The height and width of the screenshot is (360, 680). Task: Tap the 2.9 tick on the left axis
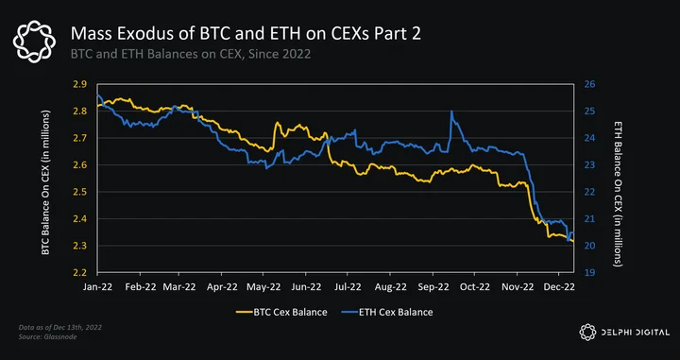click(78, 84)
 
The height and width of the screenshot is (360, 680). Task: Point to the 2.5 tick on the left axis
click(78, 192)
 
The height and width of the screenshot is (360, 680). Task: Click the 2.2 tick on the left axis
click(78, 273)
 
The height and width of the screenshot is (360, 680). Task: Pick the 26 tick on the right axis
click(589, 84)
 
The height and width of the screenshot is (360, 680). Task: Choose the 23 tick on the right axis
click(589, 164)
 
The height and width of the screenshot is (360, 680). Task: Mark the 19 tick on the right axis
click(589, 273)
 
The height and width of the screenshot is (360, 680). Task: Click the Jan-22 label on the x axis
click(97, 286)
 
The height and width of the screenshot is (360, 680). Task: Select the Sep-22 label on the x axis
click(433, 286)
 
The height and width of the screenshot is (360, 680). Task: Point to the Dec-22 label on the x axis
click(559, 286)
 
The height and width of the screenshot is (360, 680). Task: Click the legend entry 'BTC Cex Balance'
click(281, 312)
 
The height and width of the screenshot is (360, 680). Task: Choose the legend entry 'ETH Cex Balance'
click(387, 312)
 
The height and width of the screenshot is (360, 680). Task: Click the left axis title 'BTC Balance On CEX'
click(45, 182)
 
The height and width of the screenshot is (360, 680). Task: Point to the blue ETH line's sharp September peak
click(451, 111)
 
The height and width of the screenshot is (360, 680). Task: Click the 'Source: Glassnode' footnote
click(48, 336)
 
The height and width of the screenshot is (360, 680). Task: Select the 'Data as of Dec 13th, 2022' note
click(60, 327)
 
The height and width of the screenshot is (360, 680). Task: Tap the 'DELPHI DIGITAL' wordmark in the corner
click(633, 333)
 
